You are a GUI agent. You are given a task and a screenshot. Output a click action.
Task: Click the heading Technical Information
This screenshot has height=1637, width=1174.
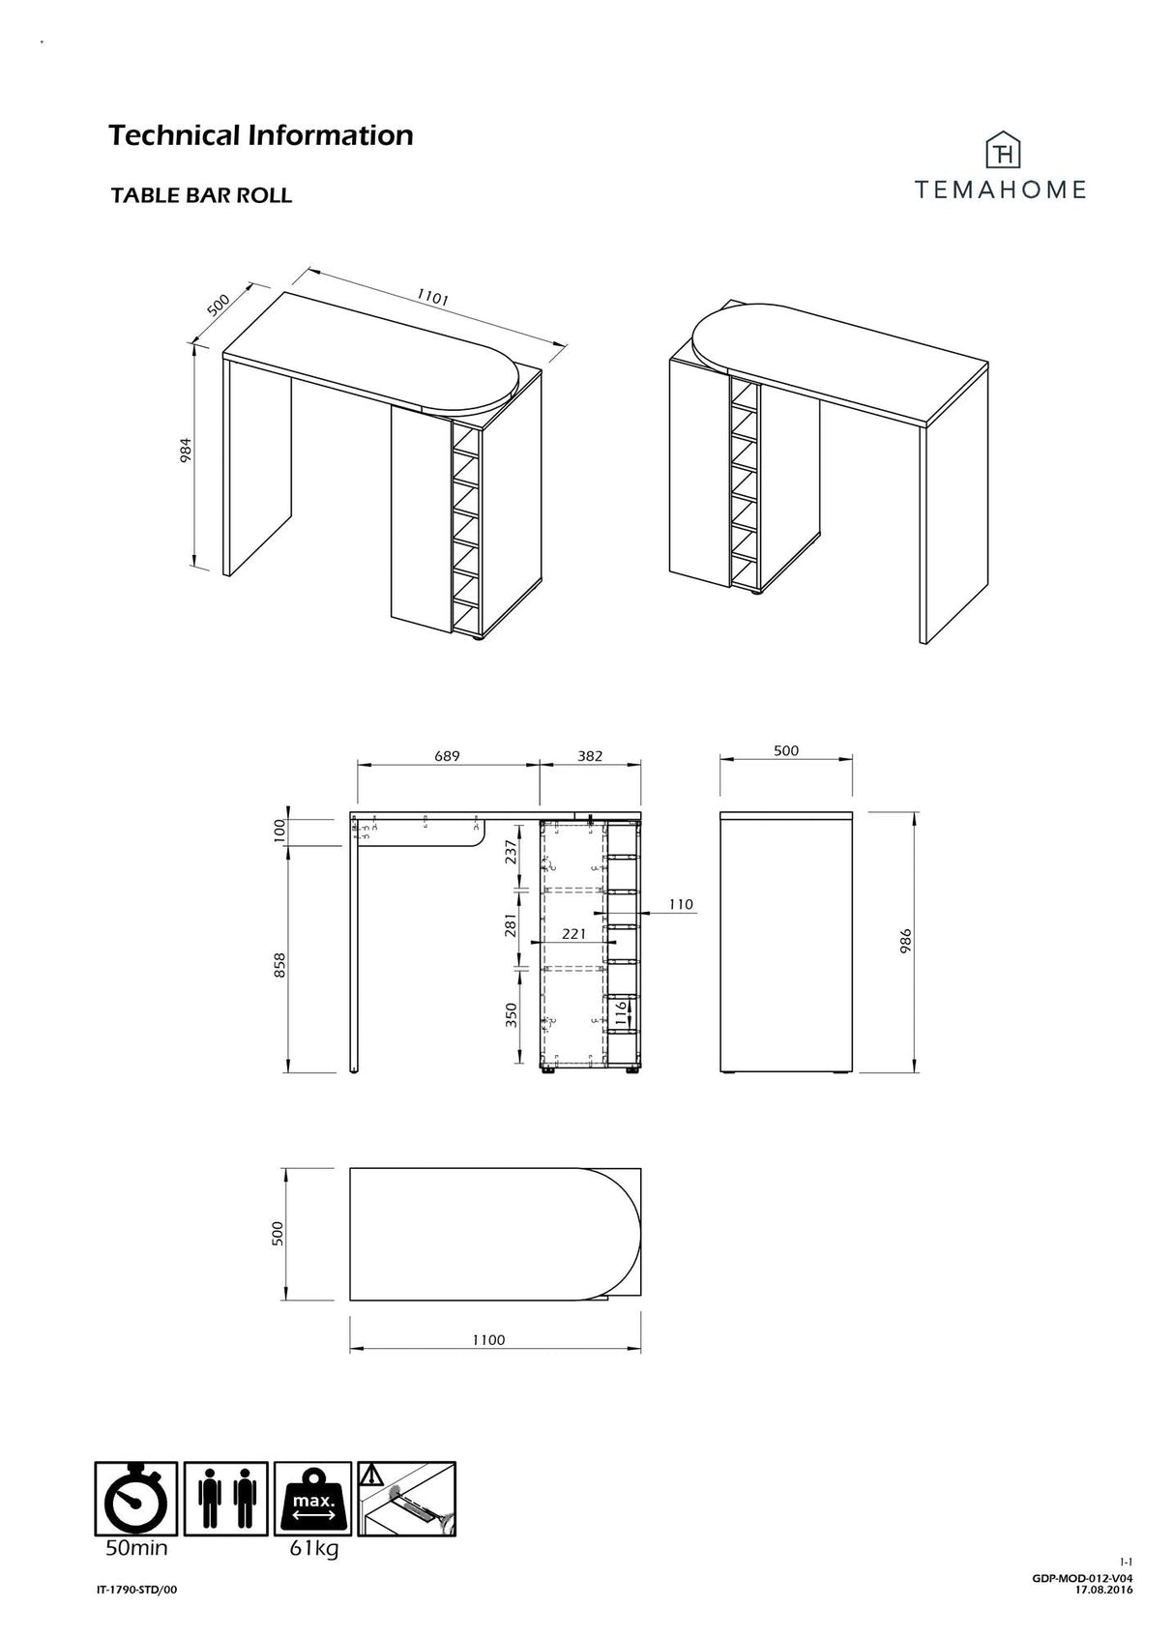(260, 134)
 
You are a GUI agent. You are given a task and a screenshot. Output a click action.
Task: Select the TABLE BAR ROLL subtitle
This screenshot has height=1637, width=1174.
(201, 195)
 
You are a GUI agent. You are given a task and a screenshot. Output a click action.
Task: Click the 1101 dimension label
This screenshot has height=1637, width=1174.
(432, 297)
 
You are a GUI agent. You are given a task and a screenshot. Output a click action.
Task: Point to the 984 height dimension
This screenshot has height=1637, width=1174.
(187, 452)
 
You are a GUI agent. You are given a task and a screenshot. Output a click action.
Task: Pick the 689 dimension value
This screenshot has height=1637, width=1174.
(447, 755)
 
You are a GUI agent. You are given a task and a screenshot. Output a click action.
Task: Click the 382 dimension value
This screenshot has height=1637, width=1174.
(590, 755)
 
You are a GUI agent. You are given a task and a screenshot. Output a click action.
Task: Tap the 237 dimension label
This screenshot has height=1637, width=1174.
(512, 853)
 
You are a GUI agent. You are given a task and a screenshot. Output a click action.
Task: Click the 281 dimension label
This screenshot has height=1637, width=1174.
(512, 925)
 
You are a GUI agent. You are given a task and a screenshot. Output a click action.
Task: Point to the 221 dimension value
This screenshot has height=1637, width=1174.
(574, 934)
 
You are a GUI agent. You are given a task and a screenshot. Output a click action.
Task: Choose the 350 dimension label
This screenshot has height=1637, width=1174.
(512, 1014)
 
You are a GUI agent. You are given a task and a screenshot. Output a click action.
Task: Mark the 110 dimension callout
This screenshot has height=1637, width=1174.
(681, 904)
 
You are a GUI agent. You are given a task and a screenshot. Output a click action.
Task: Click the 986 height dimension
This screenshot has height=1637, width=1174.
(905, 942)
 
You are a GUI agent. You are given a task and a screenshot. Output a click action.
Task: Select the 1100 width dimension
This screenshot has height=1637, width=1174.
(489, 1339)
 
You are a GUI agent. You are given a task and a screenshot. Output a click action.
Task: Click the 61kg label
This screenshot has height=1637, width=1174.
(314, 1549)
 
